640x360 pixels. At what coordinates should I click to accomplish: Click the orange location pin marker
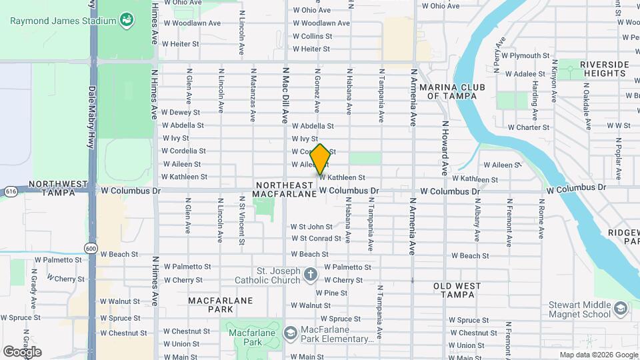(x=320, y=159)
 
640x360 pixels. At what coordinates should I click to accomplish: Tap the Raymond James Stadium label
(x=63, y=21)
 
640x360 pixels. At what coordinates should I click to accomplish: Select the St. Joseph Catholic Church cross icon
(x=310, y=274)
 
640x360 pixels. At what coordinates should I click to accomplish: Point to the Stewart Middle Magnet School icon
(x=621, y=308)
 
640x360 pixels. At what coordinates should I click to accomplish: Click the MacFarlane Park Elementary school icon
(x=290, y=333)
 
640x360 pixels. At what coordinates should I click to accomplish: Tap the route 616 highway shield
(x=10, y=191)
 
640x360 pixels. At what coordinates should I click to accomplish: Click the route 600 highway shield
(x=90, y=248)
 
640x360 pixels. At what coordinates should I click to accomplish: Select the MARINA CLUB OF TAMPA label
(x=453, y=91)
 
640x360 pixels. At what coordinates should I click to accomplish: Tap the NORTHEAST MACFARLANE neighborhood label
(x=283, y=189)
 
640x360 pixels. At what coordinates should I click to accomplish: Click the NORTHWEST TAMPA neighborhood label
(x=58, y=187)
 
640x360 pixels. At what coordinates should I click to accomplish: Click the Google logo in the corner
(x=22, y=351)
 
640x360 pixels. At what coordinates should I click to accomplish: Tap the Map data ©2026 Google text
(x=598, y=355)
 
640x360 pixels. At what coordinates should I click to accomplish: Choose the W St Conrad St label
(x=316, y=238)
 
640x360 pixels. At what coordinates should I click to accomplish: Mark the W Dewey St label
(x=181, y=112)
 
